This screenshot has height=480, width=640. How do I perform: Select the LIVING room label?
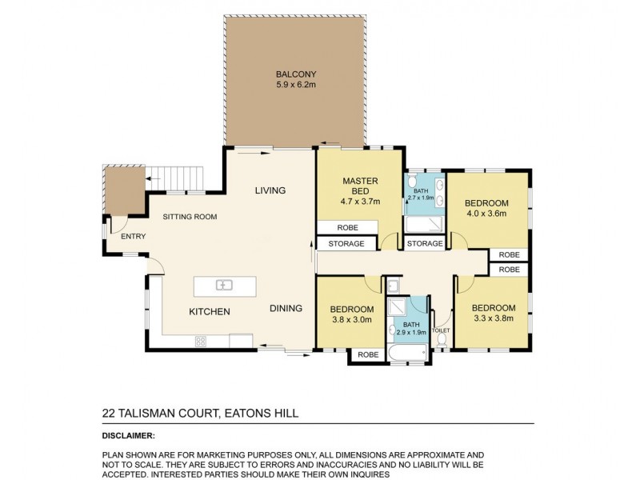(x=270, y=190)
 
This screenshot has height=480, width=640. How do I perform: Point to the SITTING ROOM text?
(x=189, y=217)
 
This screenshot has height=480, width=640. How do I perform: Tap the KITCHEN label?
(x=210, y=311)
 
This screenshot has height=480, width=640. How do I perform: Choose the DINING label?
(x=285, y=308)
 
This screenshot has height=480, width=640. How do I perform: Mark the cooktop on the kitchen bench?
(x=199, y=342)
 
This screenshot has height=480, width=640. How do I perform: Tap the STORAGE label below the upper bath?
(x=424, y=243)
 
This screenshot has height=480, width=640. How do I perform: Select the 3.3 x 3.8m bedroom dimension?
(x=492, y=319)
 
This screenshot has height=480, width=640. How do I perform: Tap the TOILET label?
(x=442, y=330)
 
